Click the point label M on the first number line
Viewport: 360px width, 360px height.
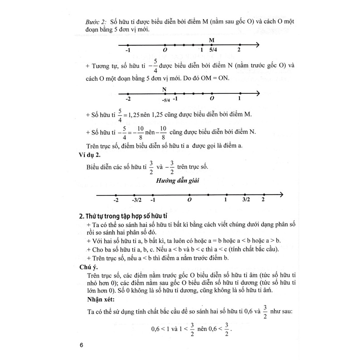(x=212, y=39)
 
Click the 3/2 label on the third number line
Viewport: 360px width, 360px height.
(x=246, y=199)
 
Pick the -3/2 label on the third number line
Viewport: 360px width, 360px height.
(x=136, y=199)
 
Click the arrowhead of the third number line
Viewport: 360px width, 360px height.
(x=281, y=195)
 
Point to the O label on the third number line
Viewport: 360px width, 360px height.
(x=190, y=199)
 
